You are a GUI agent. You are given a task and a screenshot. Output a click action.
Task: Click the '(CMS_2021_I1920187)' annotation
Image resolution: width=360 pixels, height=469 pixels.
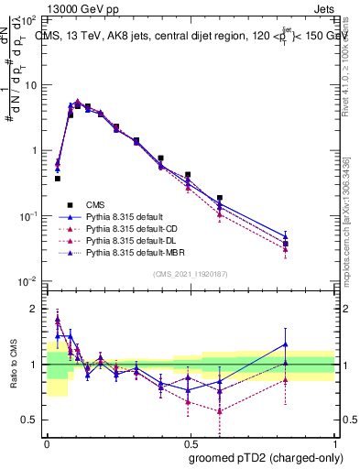click(x=191, y=274)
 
